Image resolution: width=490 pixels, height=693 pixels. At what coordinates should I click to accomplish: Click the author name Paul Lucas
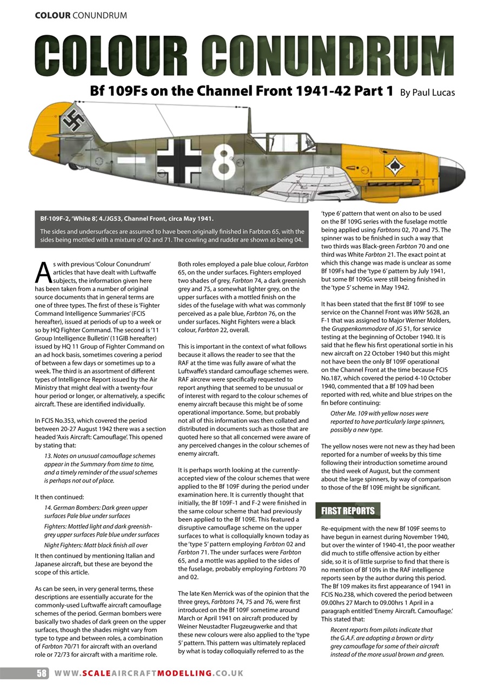pyautogui.click(x=427, y=93)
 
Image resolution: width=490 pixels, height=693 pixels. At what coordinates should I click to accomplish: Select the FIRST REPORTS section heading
pyautogui.click(x=348, y=511)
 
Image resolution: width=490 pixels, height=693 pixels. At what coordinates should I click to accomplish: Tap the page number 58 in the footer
pyautogui.click(x=42, y=673)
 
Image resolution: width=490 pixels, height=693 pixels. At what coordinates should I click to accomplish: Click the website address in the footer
pyautogui.click(x=149, y=673)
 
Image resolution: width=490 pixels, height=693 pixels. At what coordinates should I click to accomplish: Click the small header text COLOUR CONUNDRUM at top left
pyautogui.click(x=81, y=15)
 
